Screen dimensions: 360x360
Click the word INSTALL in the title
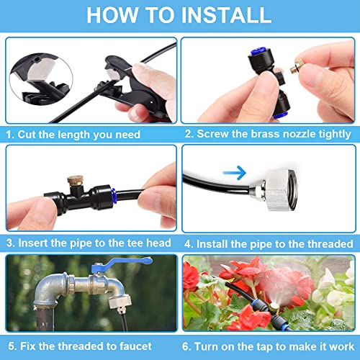pos(226,15)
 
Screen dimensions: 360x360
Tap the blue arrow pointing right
pos(235,173)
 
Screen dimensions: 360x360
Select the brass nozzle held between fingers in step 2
pos(295,68)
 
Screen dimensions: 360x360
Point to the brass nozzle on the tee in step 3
pos(75,181)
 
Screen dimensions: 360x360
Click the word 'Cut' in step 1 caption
pos(27,134)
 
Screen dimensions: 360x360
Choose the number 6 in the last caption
pos(185,346)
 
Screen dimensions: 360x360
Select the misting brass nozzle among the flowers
pos(274,307)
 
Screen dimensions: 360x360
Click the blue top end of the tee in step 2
pos(257,52)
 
